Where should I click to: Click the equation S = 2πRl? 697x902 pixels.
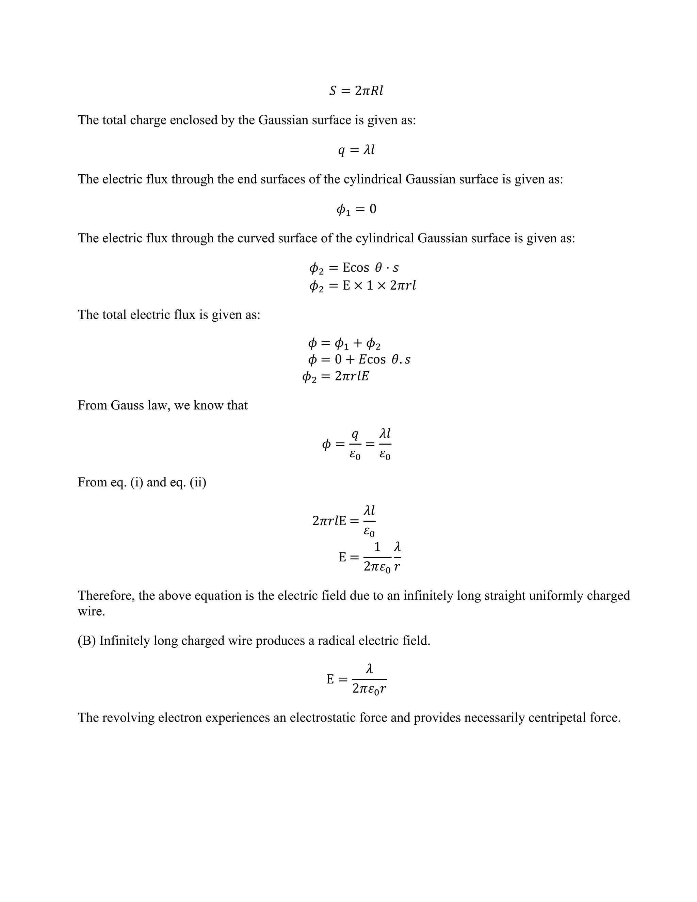click(356, 91)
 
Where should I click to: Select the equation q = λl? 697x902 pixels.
click(356, 150)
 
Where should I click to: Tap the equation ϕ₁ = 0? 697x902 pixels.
click(356, 209)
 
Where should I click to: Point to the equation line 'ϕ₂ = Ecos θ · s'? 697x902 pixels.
click(354, 268)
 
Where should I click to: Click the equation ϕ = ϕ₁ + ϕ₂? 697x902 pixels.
click(344, 343)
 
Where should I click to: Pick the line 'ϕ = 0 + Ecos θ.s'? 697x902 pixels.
click(359, 360)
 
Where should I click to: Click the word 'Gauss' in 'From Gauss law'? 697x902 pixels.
click(126, 405)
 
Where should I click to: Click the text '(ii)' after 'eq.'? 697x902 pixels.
click(198, 482)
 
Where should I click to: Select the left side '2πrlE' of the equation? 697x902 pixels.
click(329, 521)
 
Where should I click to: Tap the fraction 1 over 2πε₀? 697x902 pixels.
click(377, 558)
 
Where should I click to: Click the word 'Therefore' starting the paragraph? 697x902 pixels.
click(106, 596)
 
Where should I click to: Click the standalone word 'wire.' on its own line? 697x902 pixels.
click(91, 611)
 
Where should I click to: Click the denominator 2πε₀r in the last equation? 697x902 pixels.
click(369, 689)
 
